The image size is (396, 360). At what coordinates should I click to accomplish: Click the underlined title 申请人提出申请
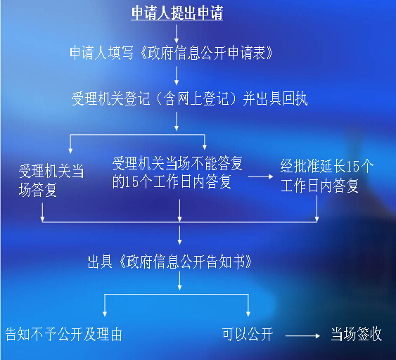coord(177,13)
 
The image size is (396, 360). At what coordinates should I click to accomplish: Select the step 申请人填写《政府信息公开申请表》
coord(171,53)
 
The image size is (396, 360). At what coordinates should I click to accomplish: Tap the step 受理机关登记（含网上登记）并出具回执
coord(189,98)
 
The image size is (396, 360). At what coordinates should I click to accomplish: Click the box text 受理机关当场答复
coord(51,180)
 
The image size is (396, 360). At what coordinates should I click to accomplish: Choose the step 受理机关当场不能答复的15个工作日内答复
coord(177,172)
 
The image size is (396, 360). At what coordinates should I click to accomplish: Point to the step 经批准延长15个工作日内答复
coord(327,176)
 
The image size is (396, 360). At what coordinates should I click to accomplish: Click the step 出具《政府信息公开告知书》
coord(170,262)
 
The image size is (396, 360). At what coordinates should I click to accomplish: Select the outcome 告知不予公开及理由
coord(63,334)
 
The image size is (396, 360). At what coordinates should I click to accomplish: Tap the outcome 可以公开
coord(248,334)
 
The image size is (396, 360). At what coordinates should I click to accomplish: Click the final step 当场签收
coord(357,334)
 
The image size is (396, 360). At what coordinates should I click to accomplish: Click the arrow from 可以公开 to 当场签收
coord(302,336)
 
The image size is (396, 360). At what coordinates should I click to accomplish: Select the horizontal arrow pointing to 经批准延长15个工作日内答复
coord(261,176)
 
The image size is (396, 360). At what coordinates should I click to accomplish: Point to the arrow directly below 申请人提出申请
coord(177,34)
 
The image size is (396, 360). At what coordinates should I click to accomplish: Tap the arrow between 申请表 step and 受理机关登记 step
coord(177,75)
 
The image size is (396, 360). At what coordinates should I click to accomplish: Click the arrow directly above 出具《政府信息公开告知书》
coord(179,235)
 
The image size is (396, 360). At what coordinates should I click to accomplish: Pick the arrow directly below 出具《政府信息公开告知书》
coord(179,281)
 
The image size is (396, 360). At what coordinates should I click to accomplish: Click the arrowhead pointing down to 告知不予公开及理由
coord(105,314)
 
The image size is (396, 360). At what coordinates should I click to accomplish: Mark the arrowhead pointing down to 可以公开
coord(248,314)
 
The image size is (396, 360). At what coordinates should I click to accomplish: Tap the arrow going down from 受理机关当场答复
coord(42,212)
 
